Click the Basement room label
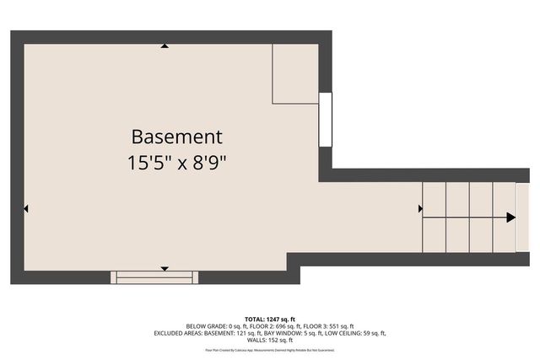click(176, 136)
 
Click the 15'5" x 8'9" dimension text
click(176, 160)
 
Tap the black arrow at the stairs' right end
click(510, 218)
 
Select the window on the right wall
click(325, 120)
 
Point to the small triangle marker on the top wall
click(165, 46)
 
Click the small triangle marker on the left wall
click(27, 208)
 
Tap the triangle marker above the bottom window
click(165, 268)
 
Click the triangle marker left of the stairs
click(420, 208)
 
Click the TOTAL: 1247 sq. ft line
click(269, 319)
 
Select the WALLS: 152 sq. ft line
click(269, 340)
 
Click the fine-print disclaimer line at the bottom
click(269, 349)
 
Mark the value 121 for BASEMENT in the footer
click(238, 333)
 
